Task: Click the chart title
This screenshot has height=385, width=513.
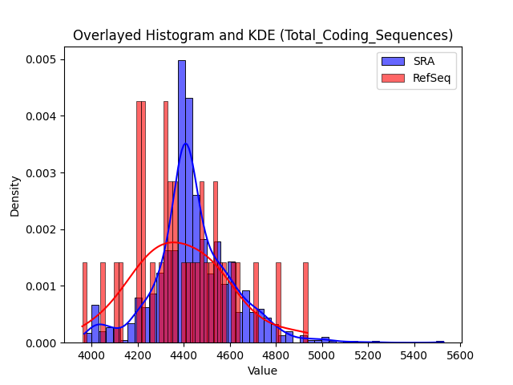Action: click(263, 35)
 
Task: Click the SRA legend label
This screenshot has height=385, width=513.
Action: click(424, 61)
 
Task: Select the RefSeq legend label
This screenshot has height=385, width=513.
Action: click(431, 79)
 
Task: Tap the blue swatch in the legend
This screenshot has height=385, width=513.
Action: click(393, 61)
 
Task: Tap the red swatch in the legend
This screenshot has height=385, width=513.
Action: click(393, 78)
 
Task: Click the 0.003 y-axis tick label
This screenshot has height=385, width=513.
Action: click(41, 173)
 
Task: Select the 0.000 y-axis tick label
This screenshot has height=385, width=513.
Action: click(41, 343)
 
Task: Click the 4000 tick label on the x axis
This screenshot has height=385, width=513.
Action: click(91, 355)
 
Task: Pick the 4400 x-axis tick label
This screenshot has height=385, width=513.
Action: click(184, 355)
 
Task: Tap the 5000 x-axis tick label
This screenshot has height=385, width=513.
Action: click(322, 355)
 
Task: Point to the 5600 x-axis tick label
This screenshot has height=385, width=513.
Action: click(461, 355)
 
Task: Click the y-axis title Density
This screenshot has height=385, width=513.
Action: click(15, 197)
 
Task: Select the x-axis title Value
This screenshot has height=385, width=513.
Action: click(262, 371)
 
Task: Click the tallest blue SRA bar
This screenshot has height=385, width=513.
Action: click(182, 201)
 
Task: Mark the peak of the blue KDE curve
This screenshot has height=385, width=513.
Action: click(186, 144)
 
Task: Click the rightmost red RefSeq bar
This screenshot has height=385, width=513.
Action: click(305, 303)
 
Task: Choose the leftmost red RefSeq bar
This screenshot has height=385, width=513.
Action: click(85, 303)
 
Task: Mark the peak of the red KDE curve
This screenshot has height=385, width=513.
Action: click(173, 242)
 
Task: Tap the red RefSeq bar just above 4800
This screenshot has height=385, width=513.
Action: click(278, 303)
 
